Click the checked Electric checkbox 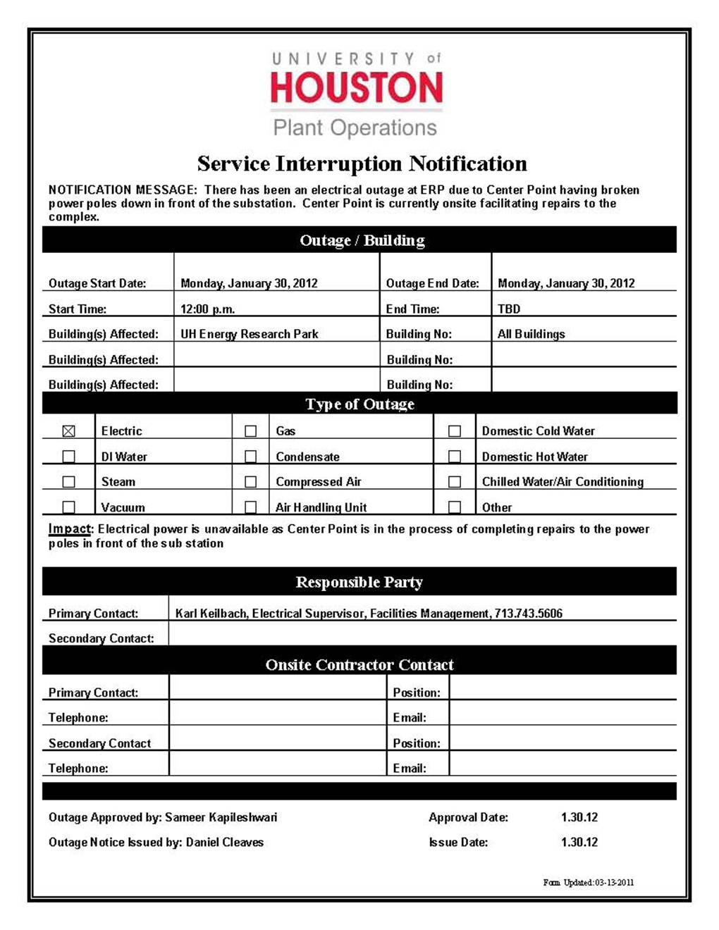[x=68, y=431]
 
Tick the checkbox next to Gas [x=250, y=431]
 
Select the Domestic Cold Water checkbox [x=455, y=431]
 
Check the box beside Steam [x=68, y=482]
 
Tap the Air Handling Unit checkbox [x=250, y=507]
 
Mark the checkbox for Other [x=455, y=507]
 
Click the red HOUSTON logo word [x=357, y=88]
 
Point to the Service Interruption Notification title [x=362, y=163]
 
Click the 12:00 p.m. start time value [x=208, y=309]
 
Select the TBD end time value [x=509, y=309]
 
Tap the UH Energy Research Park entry [x=250, y=334]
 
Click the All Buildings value [x=531, y=334]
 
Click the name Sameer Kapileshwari [x=221, y=817]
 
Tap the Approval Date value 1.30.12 [x=579, y=817]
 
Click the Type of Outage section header [x=359, y=404]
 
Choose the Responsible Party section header [x=359, y=582]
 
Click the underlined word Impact [x=70, y=529]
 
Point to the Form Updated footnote [x=588, y=882]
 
